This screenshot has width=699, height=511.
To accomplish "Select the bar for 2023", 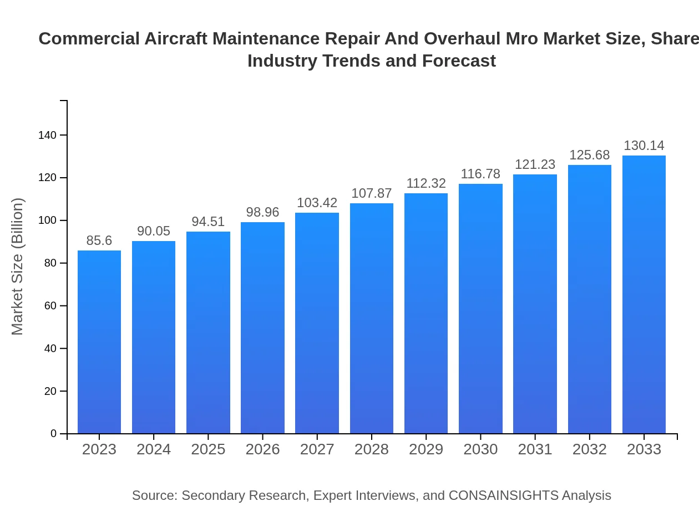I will coord(99,342).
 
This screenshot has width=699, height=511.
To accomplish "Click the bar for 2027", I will coord(317,323).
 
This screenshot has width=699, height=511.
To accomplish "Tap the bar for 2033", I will coord(644,294).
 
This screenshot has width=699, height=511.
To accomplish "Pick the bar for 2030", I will coord(480,308).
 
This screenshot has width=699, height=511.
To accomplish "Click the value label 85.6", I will coord(99,241).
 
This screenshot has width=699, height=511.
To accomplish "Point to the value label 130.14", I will coord(644,146).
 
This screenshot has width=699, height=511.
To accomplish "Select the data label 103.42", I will coord(317,203).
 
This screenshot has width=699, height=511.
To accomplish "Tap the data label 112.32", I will coord(426,183).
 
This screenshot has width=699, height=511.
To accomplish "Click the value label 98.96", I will coord(262,212).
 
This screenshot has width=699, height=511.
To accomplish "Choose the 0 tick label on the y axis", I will coord(54,434).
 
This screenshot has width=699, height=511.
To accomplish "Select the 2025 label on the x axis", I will coord(208,449).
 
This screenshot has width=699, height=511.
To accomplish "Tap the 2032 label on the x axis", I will coord(589,449).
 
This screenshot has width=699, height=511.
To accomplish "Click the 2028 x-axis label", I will coord(372,449).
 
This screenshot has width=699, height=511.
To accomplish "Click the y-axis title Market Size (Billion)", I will coord(18,267).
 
